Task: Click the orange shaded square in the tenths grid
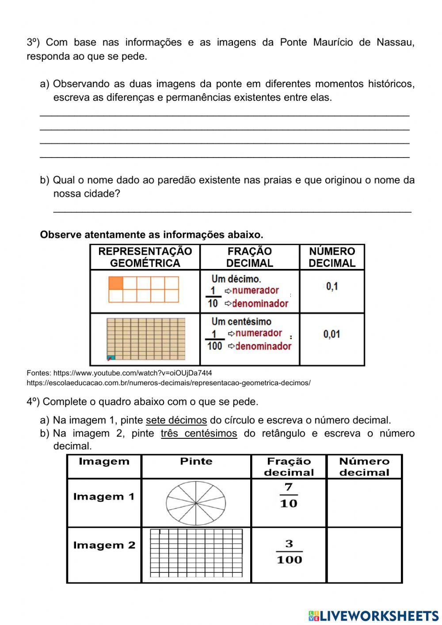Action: pyautogui.click(x=115, y=283)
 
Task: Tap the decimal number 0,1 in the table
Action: pyautogui.click(x=332, y=287)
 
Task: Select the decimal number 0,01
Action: pyautogui.click(x=332, y=334)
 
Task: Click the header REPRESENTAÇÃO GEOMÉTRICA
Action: pyautogui.click(x=145, y=257)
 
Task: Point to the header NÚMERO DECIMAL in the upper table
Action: pyautogui.click(x=332, y=257)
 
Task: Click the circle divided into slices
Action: pyautogui.click(x=196, y=503)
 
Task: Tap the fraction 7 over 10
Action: pyautogui.click(x=289, y=495)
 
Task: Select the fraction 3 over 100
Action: pyautogui.click(x=289, y=552)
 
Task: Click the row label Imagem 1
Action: pyautogui.click(x=104, y=497)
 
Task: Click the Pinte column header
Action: pyautogui.click(x=196, y=462)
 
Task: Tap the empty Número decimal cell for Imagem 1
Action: pyautogui.click(x=364, y=503)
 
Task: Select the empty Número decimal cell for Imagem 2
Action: pyautogui.click(x=364, y=555)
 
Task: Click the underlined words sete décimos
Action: pyautogui.click(x=176, y=420)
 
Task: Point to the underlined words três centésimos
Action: pyautogui.click(x=199, y=433)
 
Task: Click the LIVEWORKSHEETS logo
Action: pyautogui.click(x=373, y=615)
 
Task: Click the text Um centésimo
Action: pyautogui.click(x=241, y=322)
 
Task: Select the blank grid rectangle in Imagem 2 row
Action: pyautogui.click(x=196, y=553)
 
